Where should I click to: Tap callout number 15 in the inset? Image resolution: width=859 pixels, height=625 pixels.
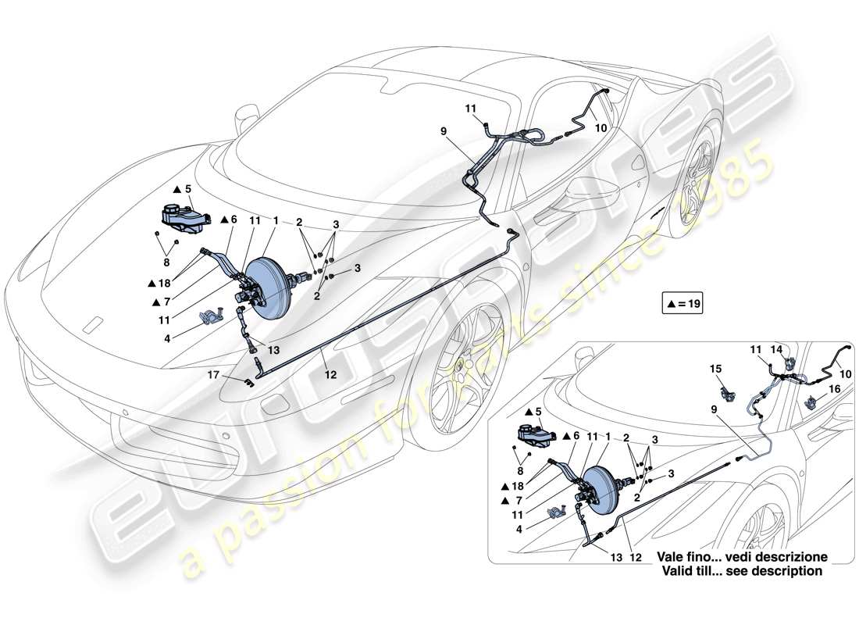point(716,367)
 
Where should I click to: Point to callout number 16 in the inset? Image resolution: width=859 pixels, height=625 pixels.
point(834,387)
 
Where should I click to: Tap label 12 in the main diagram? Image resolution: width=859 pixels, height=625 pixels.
point(330,375)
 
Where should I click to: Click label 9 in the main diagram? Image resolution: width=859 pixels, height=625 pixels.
point(444,132)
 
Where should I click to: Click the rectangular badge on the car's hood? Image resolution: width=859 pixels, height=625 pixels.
point(93,322)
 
